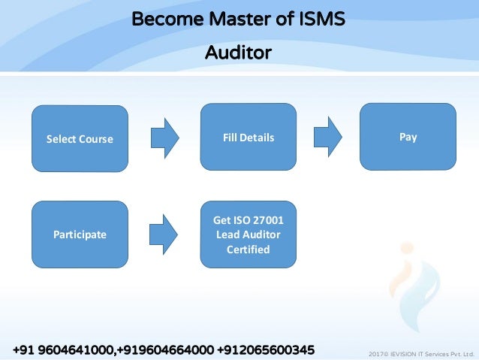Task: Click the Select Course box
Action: [x=80, y=139]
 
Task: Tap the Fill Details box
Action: [x=248, y=138]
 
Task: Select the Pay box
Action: [x=408, y=137]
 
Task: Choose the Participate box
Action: [x=80, y=234]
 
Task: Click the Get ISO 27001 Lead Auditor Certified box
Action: [x=248, y=234]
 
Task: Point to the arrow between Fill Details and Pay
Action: [x=327, y=138]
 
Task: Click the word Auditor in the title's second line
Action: [x=238, y=53]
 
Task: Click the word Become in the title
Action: [x=162, y=18]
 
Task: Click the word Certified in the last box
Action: [x=248, y=250]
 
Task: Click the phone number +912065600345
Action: [x=266, y=350]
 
